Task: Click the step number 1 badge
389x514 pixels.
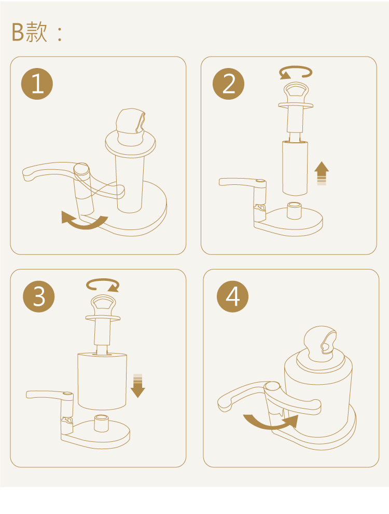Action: coord(37,84)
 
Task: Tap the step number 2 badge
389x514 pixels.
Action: coord(228,84)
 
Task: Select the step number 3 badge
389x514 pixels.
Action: coord(38,296)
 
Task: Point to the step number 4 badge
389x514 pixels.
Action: coord(232,296)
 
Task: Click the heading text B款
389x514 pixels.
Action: coord(30,32)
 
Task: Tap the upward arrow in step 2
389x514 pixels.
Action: coord(322,173)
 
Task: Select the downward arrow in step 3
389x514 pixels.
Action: coord(138,386)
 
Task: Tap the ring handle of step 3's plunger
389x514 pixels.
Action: coord(103,305)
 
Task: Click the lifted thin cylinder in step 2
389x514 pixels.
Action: coord(295,168)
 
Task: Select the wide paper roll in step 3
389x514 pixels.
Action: coord(102,381)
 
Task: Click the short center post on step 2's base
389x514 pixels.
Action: coord(294,210)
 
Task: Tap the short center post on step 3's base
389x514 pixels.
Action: coord(101,423)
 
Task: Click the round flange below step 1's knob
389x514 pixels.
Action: coord(130,143)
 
